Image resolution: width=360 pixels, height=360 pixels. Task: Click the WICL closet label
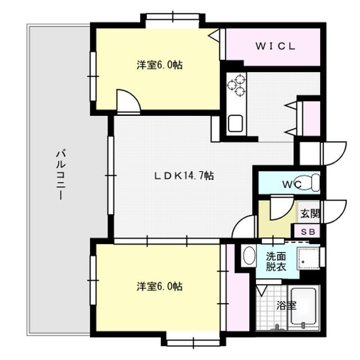pyautogui.click(x=275, y=46)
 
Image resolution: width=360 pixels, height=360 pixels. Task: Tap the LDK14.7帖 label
pyautogui.click(x=184, y=176)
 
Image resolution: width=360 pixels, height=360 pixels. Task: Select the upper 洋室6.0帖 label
pyautogui.click(x=160, y=65)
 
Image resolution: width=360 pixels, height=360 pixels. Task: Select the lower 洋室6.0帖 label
pyautogui.click(x=160, y=286)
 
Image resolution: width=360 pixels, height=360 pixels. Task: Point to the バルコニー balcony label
pyautogui.click(x=61, y=174)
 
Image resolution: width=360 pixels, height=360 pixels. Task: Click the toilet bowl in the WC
pyautogui.click(x=308, y=183)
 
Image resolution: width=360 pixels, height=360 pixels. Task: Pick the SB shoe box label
pyautogui.click(x=308, y=232)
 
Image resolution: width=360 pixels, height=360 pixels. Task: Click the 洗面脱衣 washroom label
pyautogui.click(x=276, y=262)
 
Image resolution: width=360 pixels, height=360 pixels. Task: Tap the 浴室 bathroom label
pyautogui.click(x=286, y=305)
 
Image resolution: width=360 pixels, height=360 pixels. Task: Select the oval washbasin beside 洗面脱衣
pyautogui.click(x=249, y=256)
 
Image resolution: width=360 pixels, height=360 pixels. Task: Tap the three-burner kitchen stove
pyautogui.click(x=236, y=85)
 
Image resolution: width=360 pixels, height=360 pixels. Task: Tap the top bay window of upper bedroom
pyautogui.click(x=173, y=17)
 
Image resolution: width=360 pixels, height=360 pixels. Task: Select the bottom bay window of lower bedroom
pyautogui.click(x=193, y=343)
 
